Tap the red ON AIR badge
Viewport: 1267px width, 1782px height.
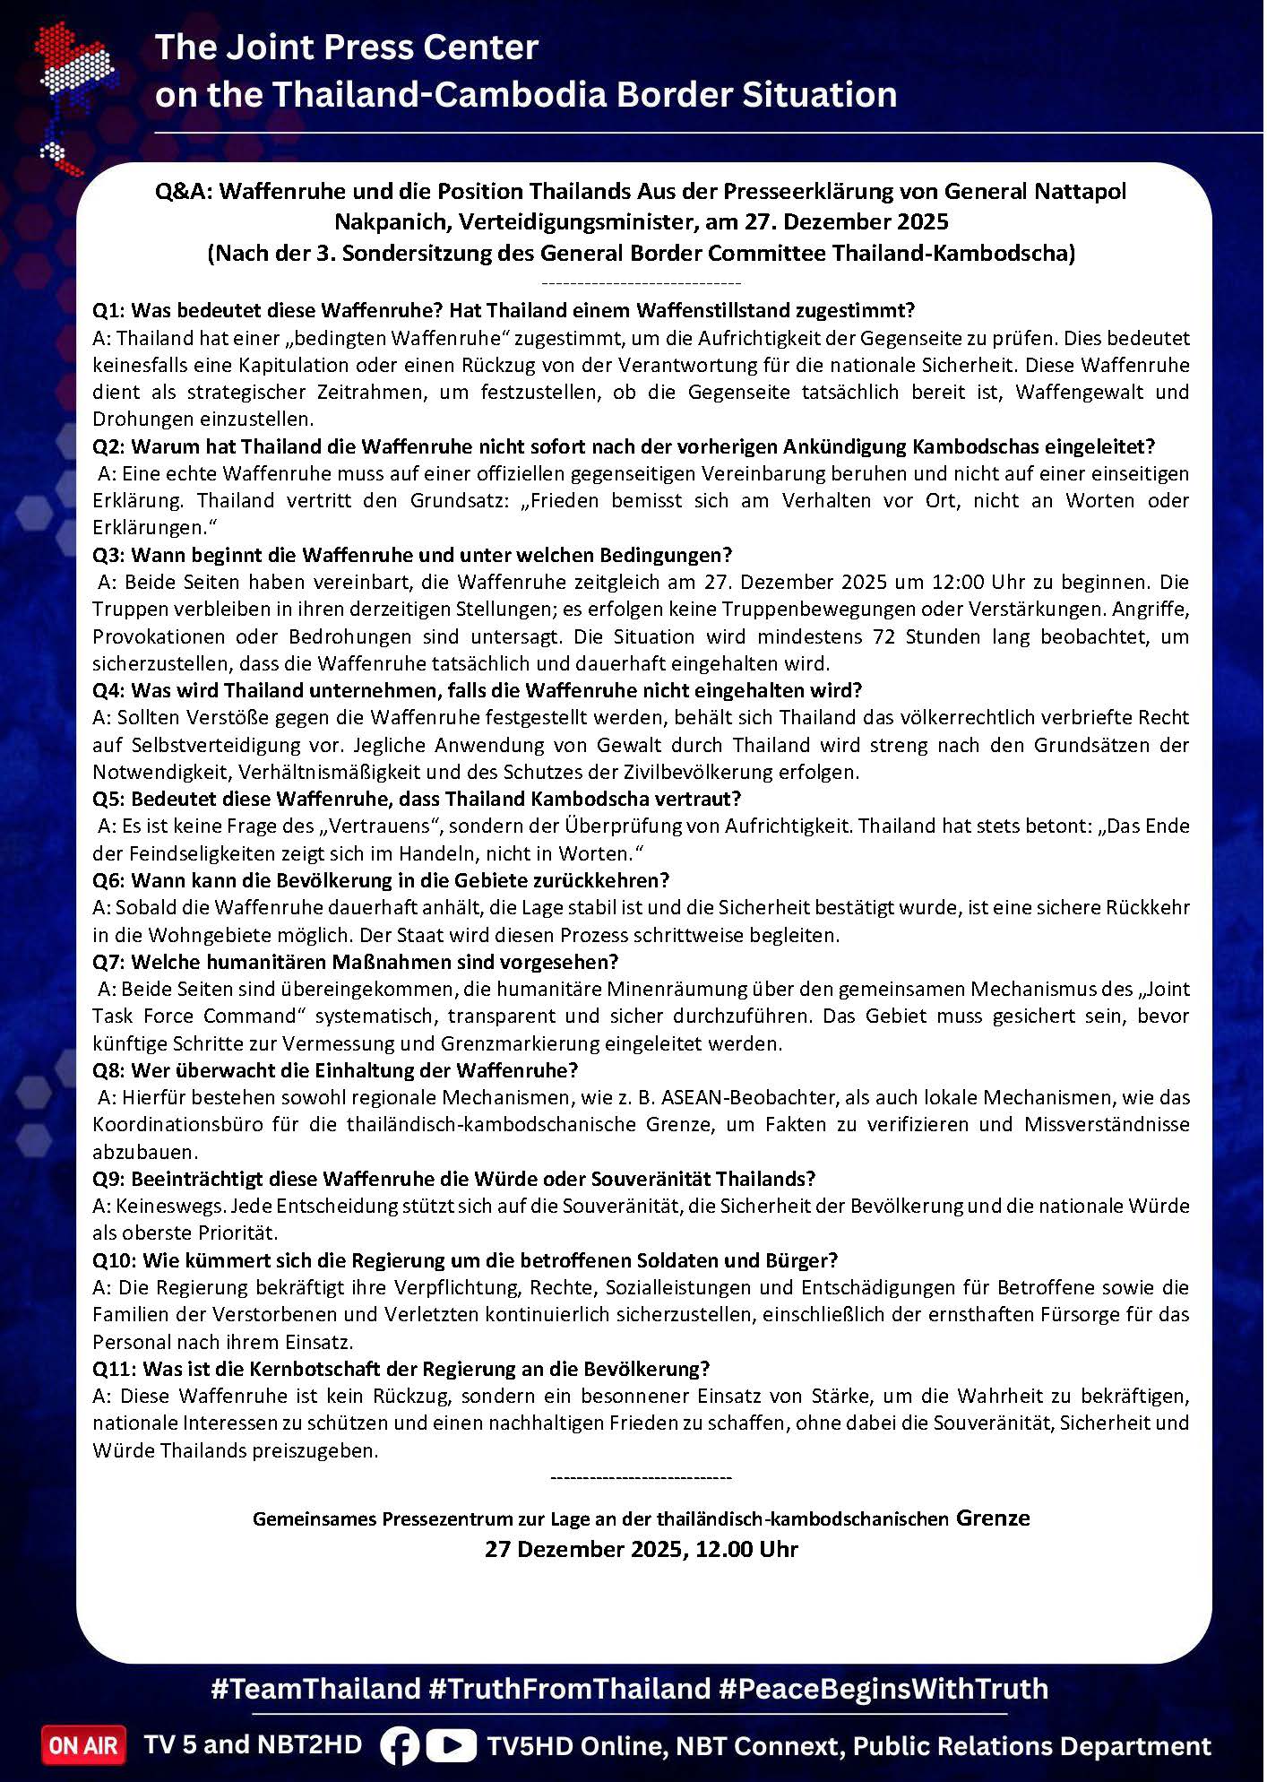83,1745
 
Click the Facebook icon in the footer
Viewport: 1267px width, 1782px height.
400,1745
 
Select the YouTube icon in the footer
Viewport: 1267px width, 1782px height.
451,1745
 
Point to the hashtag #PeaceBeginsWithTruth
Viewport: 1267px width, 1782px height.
883,1689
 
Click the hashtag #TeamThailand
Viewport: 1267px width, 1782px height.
315,1689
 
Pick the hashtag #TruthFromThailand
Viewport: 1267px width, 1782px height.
569,1689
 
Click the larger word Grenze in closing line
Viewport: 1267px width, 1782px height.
993,1518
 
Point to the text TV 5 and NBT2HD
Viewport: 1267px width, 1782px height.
254,1744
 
